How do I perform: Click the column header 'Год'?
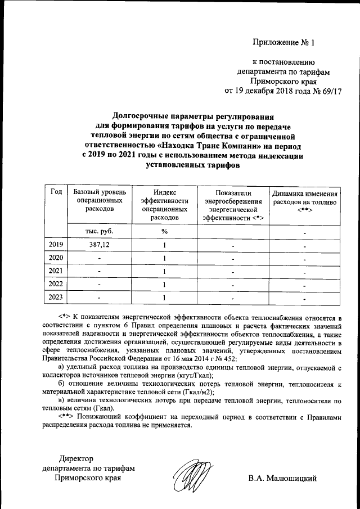(x=56, y=192)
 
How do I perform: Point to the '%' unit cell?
(x=164, y=232)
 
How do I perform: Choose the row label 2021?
(x=56, y=272)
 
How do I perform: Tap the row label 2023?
(x=56, y=298)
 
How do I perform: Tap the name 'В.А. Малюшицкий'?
(x=283, y=479)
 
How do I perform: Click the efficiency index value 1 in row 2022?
(x=164, y=285)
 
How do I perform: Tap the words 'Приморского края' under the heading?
(x=282, y=80)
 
